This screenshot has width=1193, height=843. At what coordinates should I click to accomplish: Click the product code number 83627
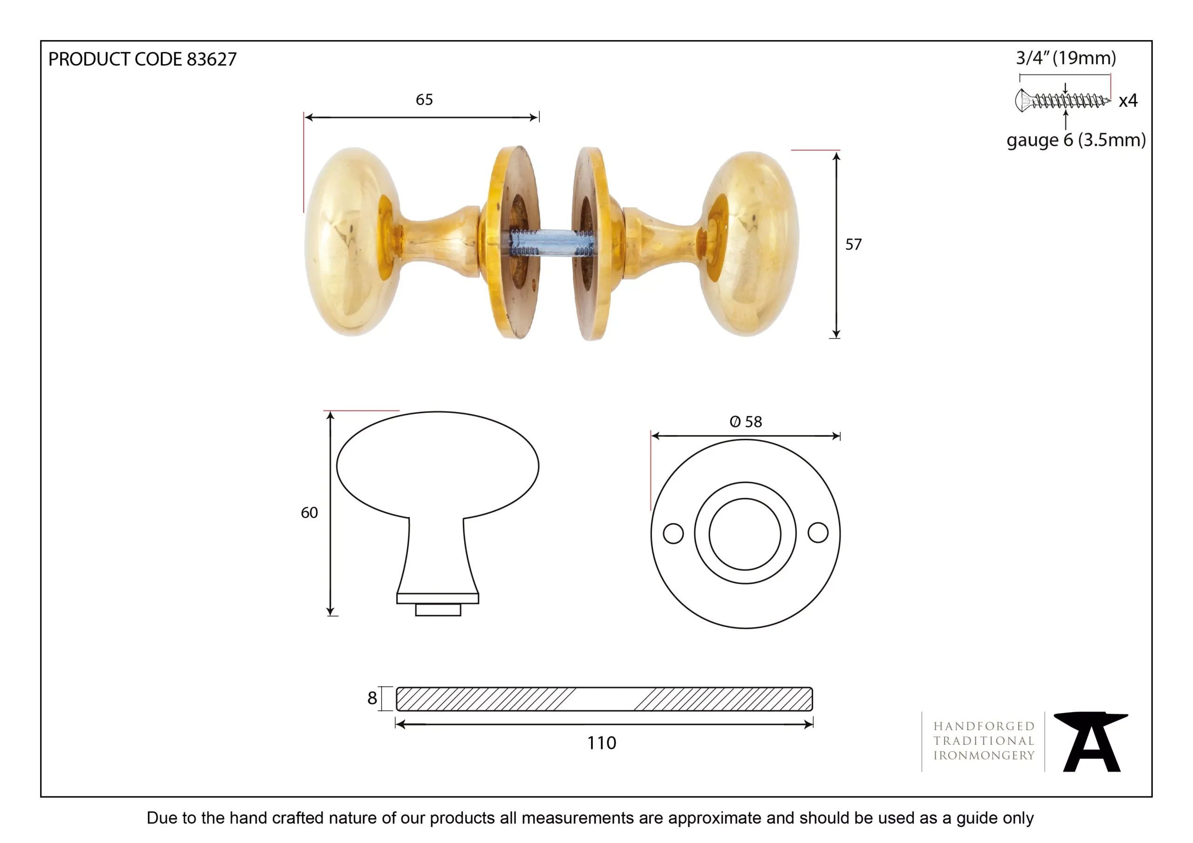pos(212,59)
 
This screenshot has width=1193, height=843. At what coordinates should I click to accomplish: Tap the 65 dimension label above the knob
pos(424,100)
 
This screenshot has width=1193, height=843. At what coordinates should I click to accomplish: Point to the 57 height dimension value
pos(853,244)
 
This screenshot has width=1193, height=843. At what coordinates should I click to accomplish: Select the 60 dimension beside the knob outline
pos(309,513)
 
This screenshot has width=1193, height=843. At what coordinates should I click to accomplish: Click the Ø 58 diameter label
pos(746,422)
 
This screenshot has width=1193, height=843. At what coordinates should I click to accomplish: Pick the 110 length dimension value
pos(602,743)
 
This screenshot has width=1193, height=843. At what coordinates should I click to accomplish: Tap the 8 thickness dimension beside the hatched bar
pos(372,698)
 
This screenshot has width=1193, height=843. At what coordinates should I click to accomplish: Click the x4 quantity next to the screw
pos(1128,100)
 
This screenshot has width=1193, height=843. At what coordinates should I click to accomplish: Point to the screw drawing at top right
pos(1062,100)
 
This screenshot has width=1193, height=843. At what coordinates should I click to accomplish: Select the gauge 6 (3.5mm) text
pos(1076,140)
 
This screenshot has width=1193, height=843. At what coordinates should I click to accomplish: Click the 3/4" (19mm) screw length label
pos(1066,58)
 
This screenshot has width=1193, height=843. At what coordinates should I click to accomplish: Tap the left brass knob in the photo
pos(353,242)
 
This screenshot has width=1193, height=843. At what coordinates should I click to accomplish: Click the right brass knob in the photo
pos(748,244)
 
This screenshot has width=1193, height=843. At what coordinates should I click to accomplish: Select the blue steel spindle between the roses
pos(551,243)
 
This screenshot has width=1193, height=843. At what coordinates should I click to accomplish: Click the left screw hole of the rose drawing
pos(673,533)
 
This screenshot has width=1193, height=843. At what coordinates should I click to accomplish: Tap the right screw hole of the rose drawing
pos(818,532)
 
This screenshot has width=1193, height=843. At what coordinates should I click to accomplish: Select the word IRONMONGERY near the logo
pos(984,756)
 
